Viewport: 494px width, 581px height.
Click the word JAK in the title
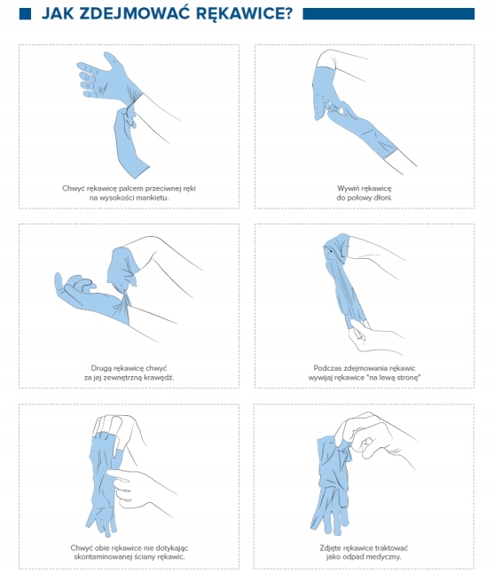(x=58, y=13)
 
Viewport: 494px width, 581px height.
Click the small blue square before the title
(x=25, y=13)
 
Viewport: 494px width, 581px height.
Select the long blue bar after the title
(x=388, y=13)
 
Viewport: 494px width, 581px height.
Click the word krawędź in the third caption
(x=160, y=378)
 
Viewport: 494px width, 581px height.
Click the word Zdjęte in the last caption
(x=330, y=548)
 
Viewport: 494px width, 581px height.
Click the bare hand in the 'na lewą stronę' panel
(x=371, y=335)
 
